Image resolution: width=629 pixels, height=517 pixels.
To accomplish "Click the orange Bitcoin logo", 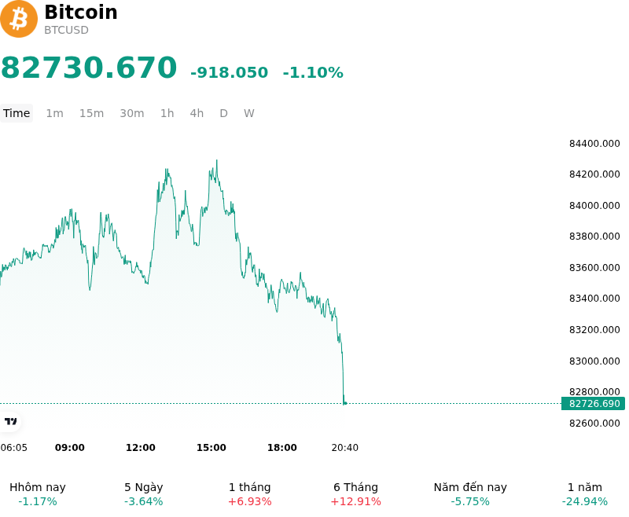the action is pyautogui.click(x=18, y=19).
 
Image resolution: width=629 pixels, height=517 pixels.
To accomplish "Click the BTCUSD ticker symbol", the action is pyautogui.click(x=66, y=31).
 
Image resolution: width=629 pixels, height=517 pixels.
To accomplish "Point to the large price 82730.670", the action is pyautogui.click(x=89, y=68).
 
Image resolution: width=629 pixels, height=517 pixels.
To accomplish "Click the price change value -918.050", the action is pyautogui.click(x=229, y=72).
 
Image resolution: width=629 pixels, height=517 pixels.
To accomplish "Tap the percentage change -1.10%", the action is pyautogui.click(x=313, y=72).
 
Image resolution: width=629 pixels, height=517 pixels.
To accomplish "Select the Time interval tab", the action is pyautogui.click(x=17, y=113).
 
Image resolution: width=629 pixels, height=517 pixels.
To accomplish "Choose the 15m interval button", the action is pyautogui.click(x=91, y=113).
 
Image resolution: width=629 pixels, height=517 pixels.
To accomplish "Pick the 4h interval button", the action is pyautogui.click(x=197, y=113).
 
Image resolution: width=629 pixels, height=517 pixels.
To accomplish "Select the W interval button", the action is pyautogui.click(x=249, y=113).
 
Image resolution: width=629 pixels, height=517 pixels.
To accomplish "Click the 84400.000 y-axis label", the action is pyautogui.click(x=594, y=144).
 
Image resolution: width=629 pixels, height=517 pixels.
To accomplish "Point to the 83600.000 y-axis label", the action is pyautogui.click(x=594, y=267).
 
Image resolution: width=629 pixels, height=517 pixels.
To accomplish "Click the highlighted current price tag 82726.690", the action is pyautogui.click(x=594, y=404).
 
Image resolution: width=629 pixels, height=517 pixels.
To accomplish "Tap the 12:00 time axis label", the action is pyautogui.click(x=141, y=448).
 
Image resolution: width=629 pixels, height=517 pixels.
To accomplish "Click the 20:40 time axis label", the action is pyautogui.click(x=345, y=448).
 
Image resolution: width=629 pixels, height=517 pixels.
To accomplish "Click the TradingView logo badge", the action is pyautogui.click(x=10, y=422).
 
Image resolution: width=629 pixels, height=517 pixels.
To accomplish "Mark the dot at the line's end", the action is pyautogui.click(x=345, y=404).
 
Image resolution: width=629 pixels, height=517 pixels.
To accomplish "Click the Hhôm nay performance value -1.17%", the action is pyautogui.click(x=38, y=502).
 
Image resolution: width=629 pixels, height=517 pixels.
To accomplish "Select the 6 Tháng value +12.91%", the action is pyautogui.click(x=356, y=502).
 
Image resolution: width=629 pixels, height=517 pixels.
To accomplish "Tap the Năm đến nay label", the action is pyautogui.click(x=470, y=487).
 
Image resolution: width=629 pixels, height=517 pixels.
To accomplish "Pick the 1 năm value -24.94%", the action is pyautogui.click(x=585, y=502).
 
